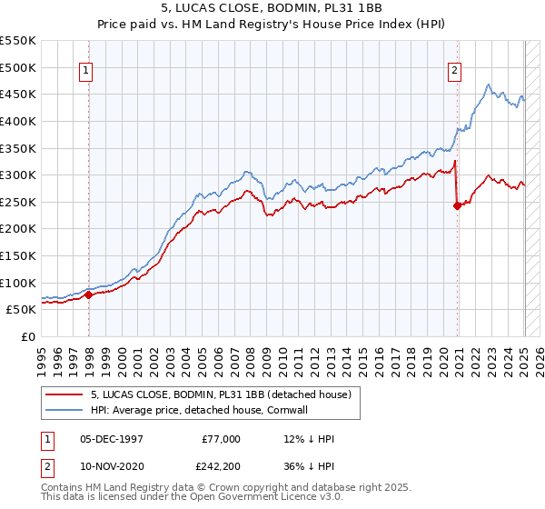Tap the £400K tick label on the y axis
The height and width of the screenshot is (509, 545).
(18, 121)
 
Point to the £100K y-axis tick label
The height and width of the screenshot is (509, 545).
(18, 283)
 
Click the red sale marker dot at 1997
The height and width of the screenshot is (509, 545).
(89, 294)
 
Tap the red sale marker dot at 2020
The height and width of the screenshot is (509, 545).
(457, 205)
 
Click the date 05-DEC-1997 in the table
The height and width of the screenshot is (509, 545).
(112, 439)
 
